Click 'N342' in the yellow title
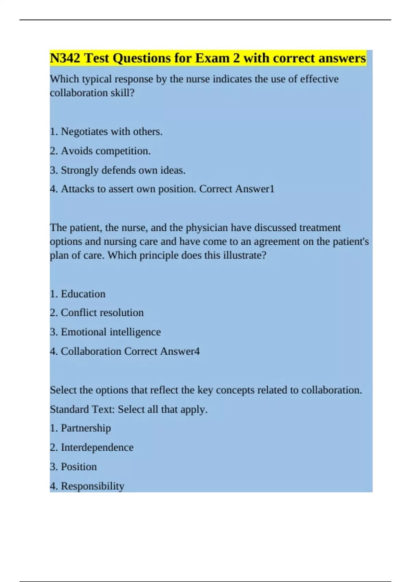click(65, 58)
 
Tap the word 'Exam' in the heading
click(213, 58)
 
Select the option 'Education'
click(83, 294)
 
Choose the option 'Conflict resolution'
click(102, 313)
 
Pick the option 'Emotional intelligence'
click(111, 332)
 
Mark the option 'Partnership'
click(86, 428)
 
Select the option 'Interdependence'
click(97, 447)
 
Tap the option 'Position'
click(79, 467)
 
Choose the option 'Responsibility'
click(92, 486)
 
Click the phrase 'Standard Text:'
click(82, 409)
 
